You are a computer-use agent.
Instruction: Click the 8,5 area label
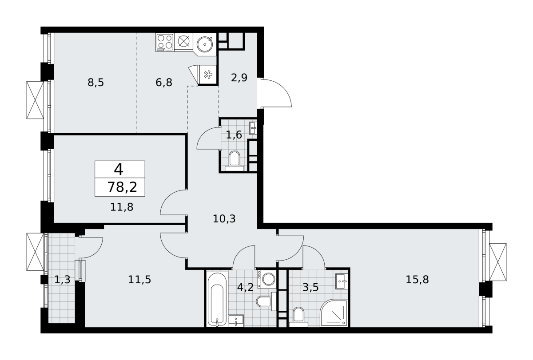95,83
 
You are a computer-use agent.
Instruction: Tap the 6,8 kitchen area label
164,83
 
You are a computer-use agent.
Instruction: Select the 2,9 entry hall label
239,78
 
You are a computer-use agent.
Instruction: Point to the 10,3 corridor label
224,219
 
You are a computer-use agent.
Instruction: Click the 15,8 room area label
417,279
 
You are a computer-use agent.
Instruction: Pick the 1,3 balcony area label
62,279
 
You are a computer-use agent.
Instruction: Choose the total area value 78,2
122,187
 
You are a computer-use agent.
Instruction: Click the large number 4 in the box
119,169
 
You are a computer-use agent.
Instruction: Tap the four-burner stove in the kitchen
165,42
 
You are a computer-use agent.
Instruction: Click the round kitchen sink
205,44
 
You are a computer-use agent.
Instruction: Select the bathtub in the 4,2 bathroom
217,299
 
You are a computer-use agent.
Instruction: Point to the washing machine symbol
266,279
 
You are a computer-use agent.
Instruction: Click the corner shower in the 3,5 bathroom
334,313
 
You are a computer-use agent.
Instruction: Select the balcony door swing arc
91,248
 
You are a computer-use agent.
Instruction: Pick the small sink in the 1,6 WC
253,128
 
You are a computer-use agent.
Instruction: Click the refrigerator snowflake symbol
208,75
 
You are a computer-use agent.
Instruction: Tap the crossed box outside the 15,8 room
498,262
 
